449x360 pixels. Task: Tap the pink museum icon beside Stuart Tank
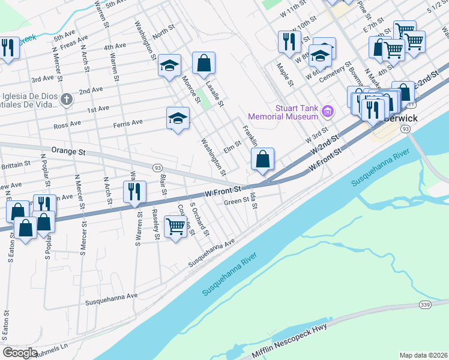[327, 111]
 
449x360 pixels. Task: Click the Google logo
[20, 353]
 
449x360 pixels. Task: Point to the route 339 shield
[425, 305]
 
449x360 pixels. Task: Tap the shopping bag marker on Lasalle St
[204, 63]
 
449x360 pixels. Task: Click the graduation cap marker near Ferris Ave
[178, 118]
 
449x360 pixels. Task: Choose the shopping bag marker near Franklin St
[262, 159]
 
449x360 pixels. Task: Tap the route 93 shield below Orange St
[157, 167]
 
